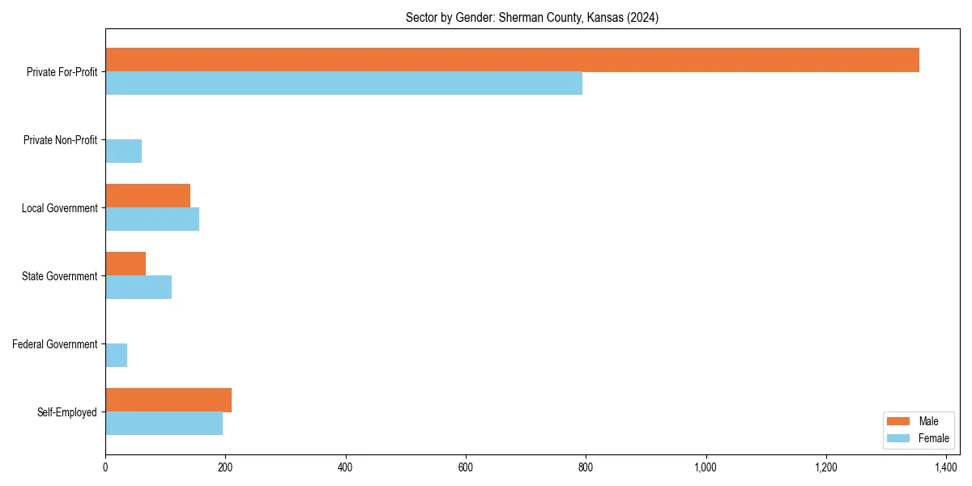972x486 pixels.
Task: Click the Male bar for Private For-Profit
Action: pos(512,60)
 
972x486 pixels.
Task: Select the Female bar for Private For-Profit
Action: pos(343,83)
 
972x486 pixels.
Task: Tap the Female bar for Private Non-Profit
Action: pos(123,151)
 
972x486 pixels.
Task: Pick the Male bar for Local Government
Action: pos(147,196)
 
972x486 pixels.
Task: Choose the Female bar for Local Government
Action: pos(152,220)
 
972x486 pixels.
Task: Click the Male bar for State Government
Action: pos(126,264)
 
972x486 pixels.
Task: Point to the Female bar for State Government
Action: pos(139,288)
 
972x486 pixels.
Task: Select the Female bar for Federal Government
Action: pos(116,356)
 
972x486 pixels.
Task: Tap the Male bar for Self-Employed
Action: pos(168,400)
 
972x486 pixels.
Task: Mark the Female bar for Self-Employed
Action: pos(164,424)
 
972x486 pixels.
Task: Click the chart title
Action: pos(531,18)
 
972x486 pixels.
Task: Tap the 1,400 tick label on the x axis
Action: pos(946,467)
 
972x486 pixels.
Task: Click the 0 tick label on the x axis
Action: pos(105,467)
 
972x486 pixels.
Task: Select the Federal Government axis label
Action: pos(55,344)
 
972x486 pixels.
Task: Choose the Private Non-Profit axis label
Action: pos(60,140)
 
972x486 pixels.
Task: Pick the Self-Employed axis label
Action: pos(67,412)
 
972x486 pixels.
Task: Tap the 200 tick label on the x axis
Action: pos(225,467)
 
